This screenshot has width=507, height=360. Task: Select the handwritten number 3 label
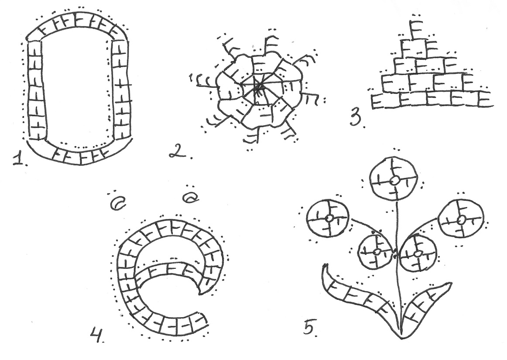coord(356,118)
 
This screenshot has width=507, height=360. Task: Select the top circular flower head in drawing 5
coord(394,179)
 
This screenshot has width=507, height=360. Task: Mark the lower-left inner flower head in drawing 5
coord(376,252)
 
